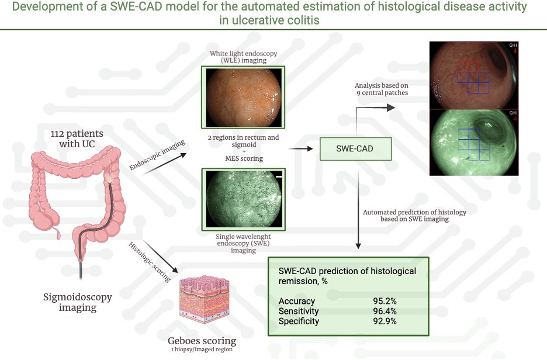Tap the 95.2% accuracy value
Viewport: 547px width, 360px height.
click(x=385, y=302)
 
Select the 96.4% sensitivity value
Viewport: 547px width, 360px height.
click(x=385, y=311)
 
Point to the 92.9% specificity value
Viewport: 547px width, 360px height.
click(x=385, y=321)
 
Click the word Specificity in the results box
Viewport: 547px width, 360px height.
click(x=299, y=321)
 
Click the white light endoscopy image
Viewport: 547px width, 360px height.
click(x=243, y=96)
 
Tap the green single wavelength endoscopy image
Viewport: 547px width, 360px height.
click(x=243, y=198)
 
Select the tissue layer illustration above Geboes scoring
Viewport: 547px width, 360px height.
click(x=203, y=303)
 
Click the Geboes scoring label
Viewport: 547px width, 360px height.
click(x=203, y=340)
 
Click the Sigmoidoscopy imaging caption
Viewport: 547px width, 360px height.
click(x=78, y=303)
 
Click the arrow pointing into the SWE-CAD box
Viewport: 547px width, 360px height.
click(x=300, y=149)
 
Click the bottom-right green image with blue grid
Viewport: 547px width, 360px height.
click(x=473, y=142)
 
